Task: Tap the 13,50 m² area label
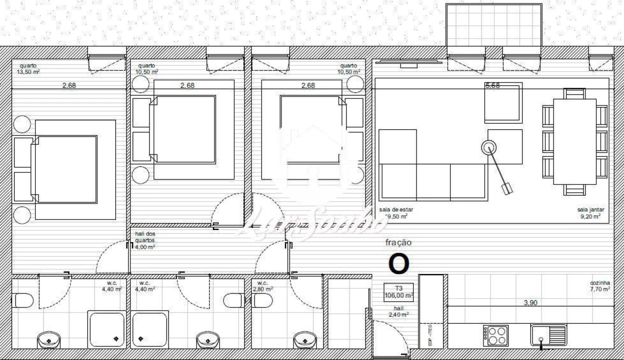(28, 71)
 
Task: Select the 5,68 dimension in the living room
(492, 85)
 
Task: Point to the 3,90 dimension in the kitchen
(530, 302)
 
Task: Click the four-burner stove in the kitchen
(495, 335)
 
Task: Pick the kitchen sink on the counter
(548, 335)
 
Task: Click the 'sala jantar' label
(590, 210)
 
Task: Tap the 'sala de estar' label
(396, 210)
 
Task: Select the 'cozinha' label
(600, 282)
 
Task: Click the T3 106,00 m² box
(398, 291)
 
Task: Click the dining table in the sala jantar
(574, 141)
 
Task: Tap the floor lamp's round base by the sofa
(489, 147)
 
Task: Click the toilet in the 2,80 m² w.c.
(262, 300)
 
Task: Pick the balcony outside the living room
(493, 25)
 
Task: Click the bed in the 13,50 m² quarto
(65, 169)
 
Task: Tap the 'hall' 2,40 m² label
(398, 311)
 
